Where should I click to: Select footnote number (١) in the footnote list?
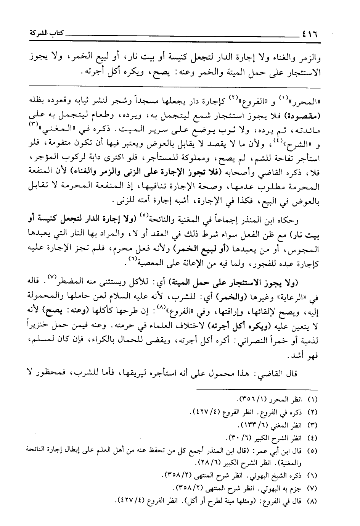point(313,400)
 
